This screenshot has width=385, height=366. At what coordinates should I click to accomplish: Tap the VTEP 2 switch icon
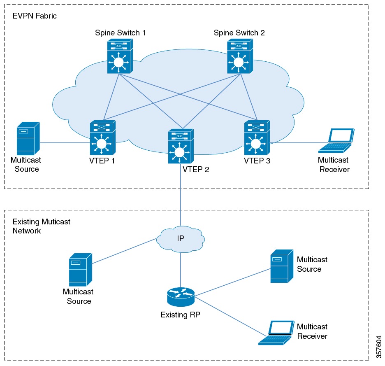180,147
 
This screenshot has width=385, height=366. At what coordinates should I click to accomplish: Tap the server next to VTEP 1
28,138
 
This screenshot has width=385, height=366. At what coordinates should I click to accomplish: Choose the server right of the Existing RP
281,266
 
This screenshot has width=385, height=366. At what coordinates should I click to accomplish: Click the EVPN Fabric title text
35,16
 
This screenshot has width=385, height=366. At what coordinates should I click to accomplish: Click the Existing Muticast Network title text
41,226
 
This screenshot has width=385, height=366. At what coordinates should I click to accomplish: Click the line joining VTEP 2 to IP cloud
180,193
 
